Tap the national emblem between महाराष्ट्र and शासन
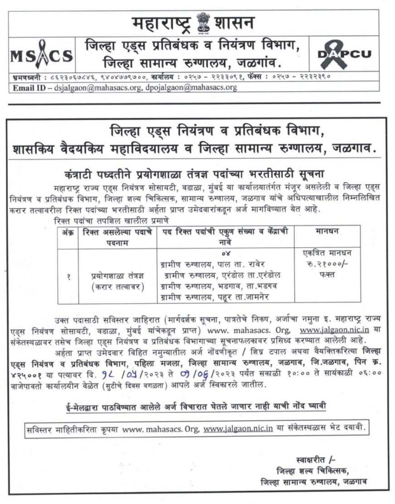(198, 23)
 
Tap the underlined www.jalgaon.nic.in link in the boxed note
(238, 427)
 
